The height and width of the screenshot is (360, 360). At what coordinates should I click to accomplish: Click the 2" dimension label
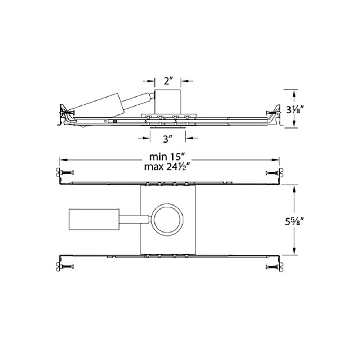pyautogui.click(x=168, y=81)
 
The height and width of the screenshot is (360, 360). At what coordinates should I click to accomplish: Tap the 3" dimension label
pyautogui.click(x=168, y=139)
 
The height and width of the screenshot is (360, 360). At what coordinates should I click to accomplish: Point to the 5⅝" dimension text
pyautogui.click(x=295, y=222)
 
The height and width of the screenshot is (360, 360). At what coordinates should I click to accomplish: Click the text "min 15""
pyautogui.click(x=167, y=157)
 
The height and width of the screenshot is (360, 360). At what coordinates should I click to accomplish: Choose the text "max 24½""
pyautogui.click(x=168, y=167)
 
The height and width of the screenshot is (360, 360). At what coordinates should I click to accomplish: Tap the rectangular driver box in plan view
pyautogui.click(x=94, y=219)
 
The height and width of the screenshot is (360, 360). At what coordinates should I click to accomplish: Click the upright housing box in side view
pyautogui.click(x=168, y=102)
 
